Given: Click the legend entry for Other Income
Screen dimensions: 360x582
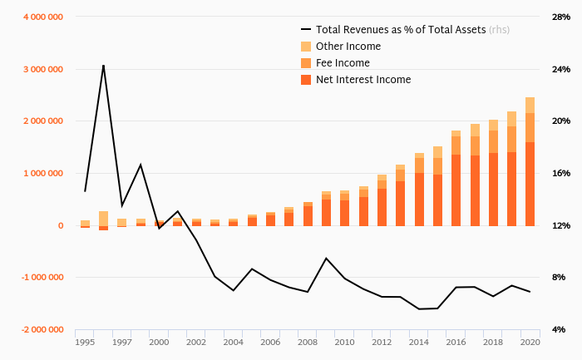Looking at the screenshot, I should point(348,47).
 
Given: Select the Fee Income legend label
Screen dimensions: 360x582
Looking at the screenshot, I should point(343,63).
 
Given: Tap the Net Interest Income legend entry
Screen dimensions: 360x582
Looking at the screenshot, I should point(363,80).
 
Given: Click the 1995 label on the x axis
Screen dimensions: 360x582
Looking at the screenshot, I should point(85,342).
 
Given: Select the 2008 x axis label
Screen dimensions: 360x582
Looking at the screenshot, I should point(307,342).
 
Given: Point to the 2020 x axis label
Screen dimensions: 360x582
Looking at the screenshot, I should point(530,342).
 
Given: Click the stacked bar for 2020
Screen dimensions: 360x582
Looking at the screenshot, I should point(530,161).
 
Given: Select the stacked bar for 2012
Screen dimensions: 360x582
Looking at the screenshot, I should point(382,200).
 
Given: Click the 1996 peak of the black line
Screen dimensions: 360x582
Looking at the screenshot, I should point(103,65).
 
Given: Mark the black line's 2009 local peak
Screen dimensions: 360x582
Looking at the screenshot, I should point(326,259).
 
